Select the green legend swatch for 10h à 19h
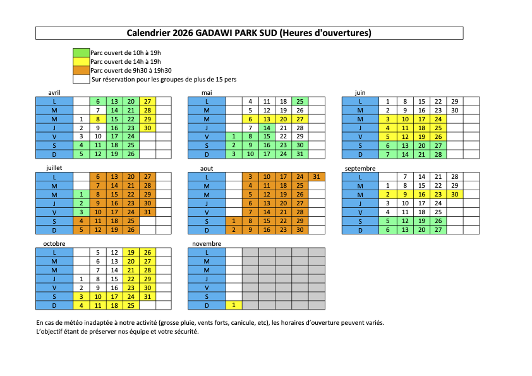[x=82, y=53]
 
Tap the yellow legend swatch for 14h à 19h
[x=82, y=62]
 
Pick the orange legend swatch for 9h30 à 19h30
[x=82, y=71]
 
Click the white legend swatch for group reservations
[x=82, y=80]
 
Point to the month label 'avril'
[x=54, y=93]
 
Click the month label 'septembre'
[x=361, y=169]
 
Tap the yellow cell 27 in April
[x=147, y=101]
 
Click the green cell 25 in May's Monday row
[x=300, y=101]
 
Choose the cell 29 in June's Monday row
[x=454, y=101]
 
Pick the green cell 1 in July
[x=82, y=195]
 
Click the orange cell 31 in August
[x=317, y=177]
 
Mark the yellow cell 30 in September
[x=454, y=195]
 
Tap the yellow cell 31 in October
[x=147, y=296]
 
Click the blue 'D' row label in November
[x=207, y=305]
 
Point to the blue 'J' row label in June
[x=360, y=128]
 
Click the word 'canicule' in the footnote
[x=232, y=322]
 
